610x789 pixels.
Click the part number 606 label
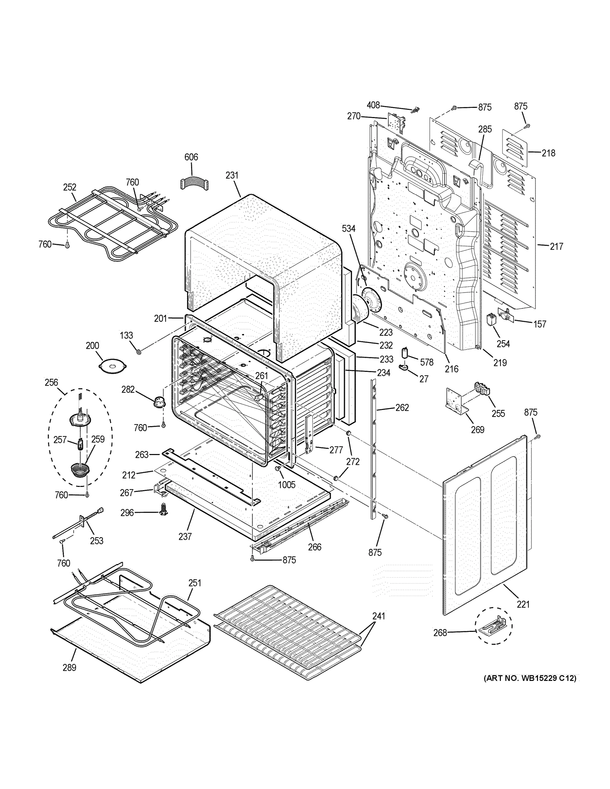pos(191,157)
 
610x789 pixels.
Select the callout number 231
pos(232,175)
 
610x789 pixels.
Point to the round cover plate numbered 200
pos(113,366)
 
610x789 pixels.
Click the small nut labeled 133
pos(138,351)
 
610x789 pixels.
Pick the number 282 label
pos(128,390)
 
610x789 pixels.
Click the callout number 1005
pos(286,485)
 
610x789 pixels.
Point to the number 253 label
pos(96,541)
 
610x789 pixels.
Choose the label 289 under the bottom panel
pos(69,668)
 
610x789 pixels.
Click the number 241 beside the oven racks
pos(379,616)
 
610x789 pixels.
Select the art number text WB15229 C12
pos(530,678)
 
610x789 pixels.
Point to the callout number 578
pos(427,362)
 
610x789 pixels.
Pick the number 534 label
pos(349,229)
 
